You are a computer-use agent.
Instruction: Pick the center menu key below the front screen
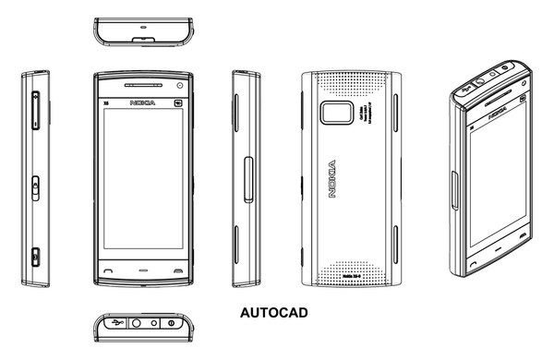click(x=142, y=270)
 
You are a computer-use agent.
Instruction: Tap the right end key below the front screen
click(x=176, y=270)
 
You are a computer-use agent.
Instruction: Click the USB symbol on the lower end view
click(x=114, y=323)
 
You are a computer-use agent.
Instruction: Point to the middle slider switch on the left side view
click(x=34, y=186)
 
